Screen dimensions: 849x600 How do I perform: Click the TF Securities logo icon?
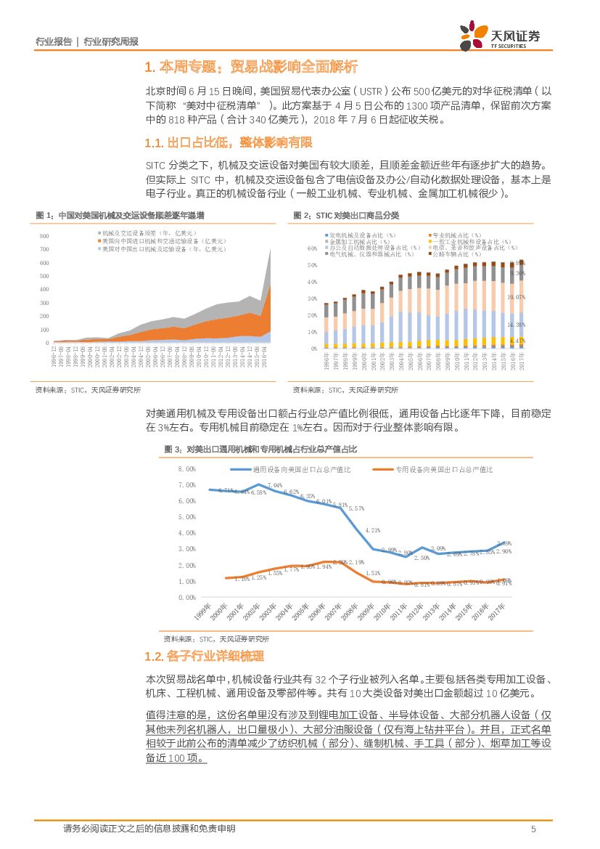click(475, 33)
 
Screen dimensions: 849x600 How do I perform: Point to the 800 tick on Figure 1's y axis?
click(44, 237)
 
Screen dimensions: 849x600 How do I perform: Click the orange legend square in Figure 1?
click(98, 240)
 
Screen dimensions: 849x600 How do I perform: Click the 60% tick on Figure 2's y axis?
click(313, 248)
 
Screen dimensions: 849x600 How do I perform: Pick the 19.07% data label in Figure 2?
click(517, 297)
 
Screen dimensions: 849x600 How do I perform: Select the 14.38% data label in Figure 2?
click(517, 325)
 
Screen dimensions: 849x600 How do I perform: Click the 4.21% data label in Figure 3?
click(373, 530)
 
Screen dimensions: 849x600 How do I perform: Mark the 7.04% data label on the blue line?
click(275, 484)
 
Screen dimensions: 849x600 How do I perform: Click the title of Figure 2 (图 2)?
click(346, 216)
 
